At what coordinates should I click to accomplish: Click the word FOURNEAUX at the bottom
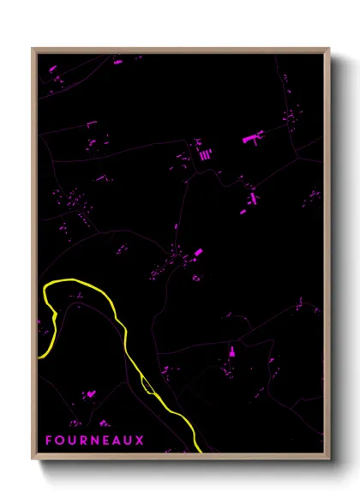95,441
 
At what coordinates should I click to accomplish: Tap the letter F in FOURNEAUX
49,441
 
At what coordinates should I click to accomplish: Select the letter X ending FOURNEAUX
141,441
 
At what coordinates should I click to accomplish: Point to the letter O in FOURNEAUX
60,441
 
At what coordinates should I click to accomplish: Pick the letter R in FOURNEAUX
83,441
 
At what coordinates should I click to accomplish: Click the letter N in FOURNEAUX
94,441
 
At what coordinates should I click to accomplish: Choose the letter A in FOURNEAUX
117,441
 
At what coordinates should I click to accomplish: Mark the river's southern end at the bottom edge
199,450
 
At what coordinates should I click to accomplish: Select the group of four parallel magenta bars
206,154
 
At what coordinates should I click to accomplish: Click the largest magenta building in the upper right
252,137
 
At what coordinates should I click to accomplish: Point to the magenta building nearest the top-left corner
52,68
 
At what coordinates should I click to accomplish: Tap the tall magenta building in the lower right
231,351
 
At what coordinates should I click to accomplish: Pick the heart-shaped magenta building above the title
104,423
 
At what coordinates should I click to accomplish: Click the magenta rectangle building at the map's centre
198,253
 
